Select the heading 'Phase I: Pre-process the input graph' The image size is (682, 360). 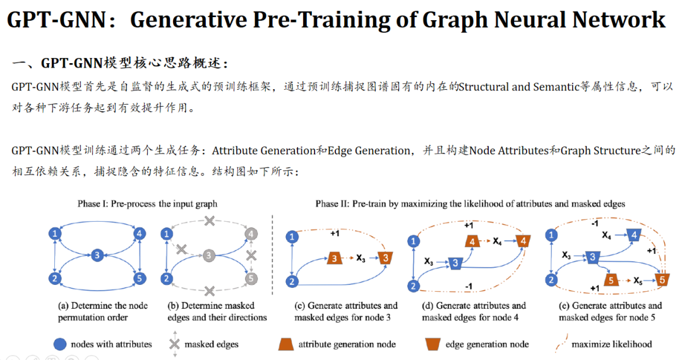point(147,203)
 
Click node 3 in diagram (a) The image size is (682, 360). point(97,255)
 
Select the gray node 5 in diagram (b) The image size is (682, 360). point(251,279)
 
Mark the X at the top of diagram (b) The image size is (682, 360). point(210,222)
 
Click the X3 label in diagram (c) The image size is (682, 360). point(361,258)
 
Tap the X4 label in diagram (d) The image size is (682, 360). point(497,241)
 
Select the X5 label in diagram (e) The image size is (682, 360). point(638,280)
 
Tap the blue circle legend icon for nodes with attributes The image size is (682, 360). point(59,344)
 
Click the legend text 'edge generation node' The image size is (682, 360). point(487,344)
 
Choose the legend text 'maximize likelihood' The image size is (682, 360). point(611,344)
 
